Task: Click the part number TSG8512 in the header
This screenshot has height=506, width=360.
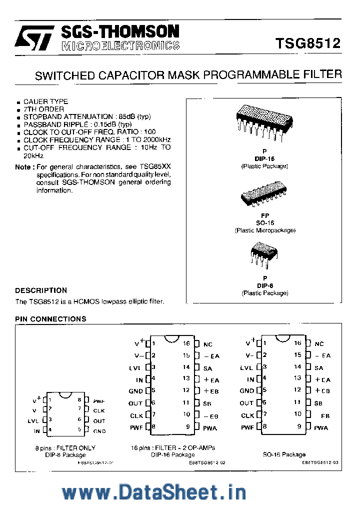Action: coord(307,43)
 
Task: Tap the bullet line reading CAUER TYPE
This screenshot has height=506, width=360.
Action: coord(45,101)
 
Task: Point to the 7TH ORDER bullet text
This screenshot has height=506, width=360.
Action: coord(43,109)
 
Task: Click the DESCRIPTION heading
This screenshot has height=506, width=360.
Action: coord(41,290)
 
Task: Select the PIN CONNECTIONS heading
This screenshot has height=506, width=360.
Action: coord(50,318)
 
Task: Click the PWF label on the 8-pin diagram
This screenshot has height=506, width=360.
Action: coord(99,400)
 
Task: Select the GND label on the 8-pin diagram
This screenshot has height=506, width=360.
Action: coord(99,430)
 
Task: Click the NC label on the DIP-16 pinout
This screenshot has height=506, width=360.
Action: coord(208,344)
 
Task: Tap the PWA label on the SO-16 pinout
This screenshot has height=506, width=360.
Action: coord(321,427)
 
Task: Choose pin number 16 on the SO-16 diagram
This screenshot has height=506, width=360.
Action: coord(298,343)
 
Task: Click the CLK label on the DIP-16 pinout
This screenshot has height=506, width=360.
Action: coord(136,415)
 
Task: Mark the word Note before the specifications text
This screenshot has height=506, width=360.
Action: coord(23,167)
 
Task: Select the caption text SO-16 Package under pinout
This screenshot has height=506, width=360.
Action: coord(284,454)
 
